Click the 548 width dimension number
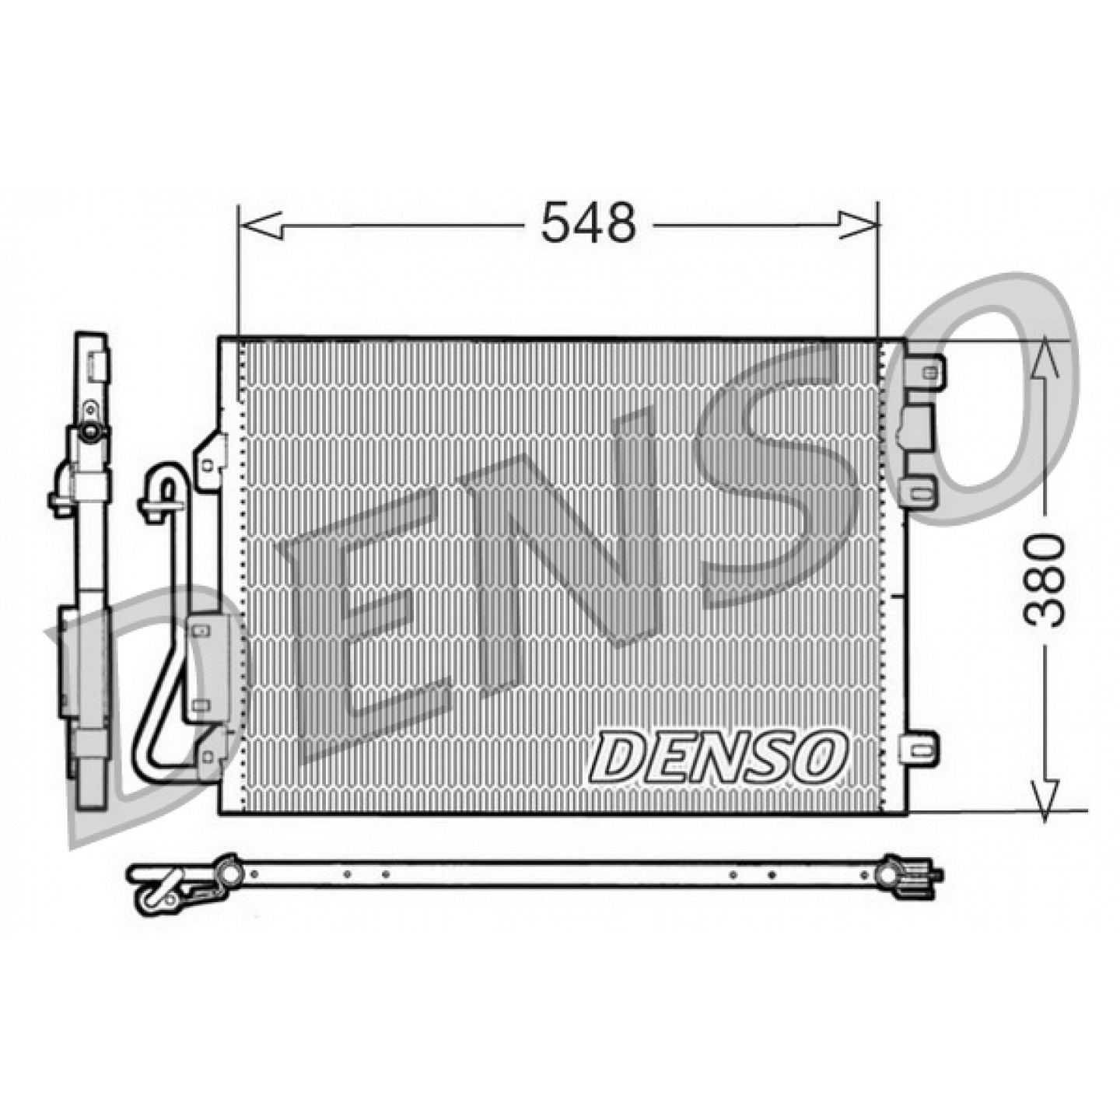coord(588,223)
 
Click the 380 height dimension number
coord(1044,581)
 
